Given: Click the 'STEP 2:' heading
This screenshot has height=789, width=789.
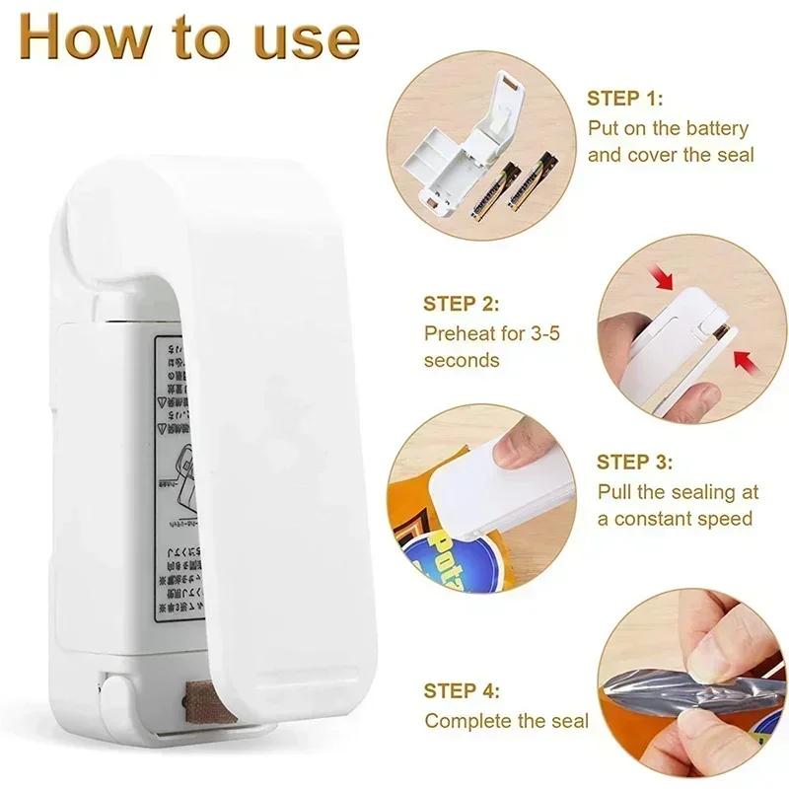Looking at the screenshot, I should (462, 304).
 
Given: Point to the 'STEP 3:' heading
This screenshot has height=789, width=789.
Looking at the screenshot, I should (635, 461).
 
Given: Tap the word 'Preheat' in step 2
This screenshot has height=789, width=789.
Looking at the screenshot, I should (463, 332).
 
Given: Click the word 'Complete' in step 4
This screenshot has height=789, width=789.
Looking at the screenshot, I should (468, 721).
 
